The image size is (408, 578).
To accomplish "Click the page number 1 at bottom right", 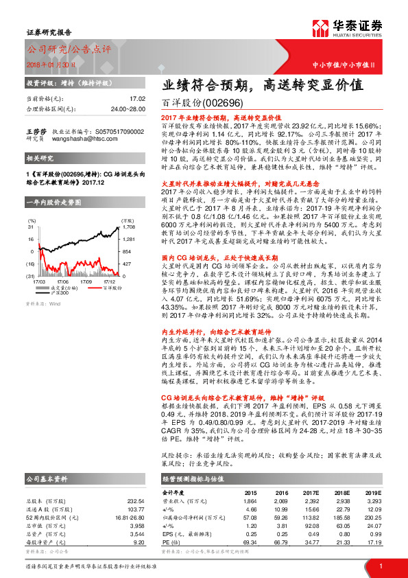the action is click(380, 564).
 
